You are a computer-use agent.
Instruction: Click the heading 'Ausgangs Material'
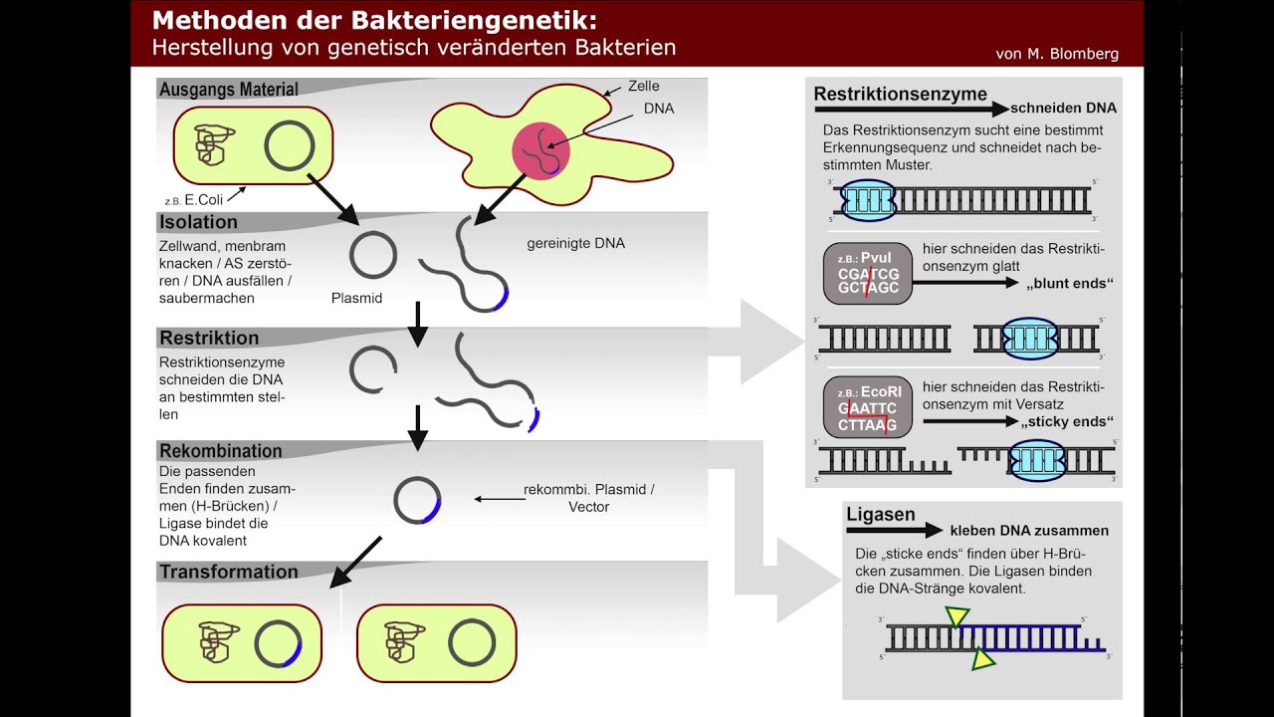coord(228,90)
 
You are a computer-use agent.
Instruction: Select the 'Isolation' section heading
coord(198,222)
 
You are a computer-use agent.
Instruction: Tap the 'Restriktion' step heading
coord(209,338)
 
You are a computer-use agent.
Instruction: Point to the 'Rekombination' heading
coord(221,451)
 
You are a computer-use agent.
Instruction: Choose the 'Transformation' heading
coord(229,572)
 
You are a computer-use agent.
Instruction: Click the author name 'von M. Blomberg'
coord(1056,54)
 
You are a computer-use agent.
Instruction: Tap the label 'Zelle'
coord(643,87)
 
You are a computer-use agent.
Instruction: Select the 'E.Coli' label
coord(204,199)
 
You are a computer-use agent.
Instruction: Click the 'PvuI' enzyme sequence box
coord(868,273)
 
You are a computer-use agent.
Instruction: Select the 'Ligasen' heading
coord(881,515)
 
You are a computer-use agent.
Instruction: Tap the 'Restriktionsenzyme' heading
coord(900,95)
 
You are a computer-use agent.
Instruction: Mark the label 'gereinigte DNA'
coord(575,243)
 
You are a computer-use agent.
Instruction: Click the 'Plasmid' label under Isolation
coord(356,298)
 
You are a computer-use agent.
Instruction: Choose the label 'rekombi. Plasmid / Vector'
coord(588,498)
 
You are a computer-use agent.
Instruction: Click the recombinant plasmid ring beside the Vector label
coord(417,500)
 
